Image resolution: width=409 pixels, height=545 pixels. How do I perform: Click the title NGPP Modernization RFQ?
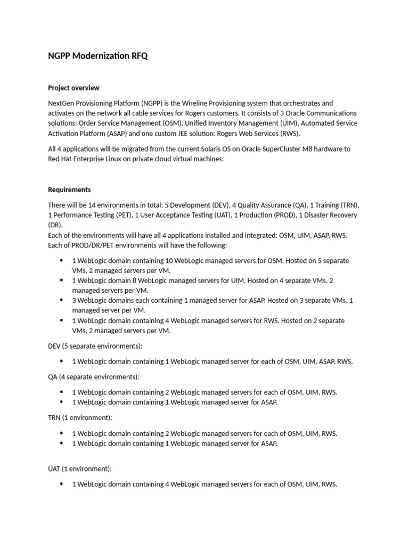coord(98,56)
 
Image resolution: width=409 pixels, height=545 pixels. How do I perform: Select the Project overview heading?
coord(73,88)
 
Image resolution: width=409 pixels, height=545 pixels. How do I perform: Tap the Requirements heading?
coord(69,189)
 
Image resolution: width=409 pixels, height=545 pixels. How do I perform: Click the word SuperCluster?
coord(301,149)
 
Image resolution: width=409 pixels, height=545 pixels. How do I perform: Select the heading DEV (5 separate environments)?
coord(94,346)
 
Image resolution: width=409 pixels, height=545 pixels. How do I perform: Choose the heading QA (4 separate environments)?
coord(93,377)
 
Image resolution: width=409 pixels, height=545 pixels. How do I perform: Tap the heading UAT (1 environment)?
coord(80,469)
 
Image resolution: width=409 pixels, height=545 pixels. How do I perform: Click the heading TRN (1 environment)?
coord(80,418)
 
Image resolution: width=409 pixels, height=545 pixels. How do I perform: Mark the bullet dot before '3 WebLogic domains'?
coord(62,301)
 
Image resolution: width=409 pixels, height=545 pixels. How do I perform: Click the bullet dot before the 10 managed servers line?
coord(62,261)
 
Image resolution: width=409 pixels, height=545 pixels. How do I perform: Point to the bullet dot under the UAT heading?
coord(62,484)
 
